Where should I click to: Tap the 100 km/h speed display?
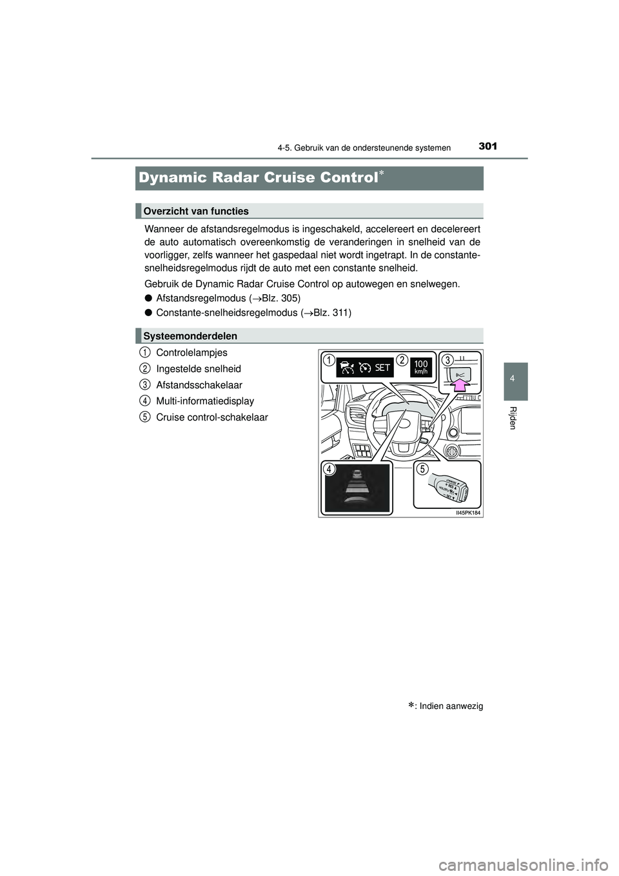(x=421, y=368)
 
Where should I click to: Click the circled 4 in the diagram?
(x=329, y=470)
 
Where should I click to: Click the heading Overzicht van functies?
(x=196, y=211)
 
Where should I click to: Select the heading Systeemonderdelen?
(x=190, y=336)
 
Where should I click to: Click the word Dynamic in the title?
(x=172, y=177)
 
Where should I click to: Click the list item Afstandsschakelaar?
(x=199, y=385)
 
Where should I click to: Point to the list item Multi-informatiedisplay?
(x=205, y=401)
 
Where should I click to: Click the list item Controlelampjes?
(x=192, y=353)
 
